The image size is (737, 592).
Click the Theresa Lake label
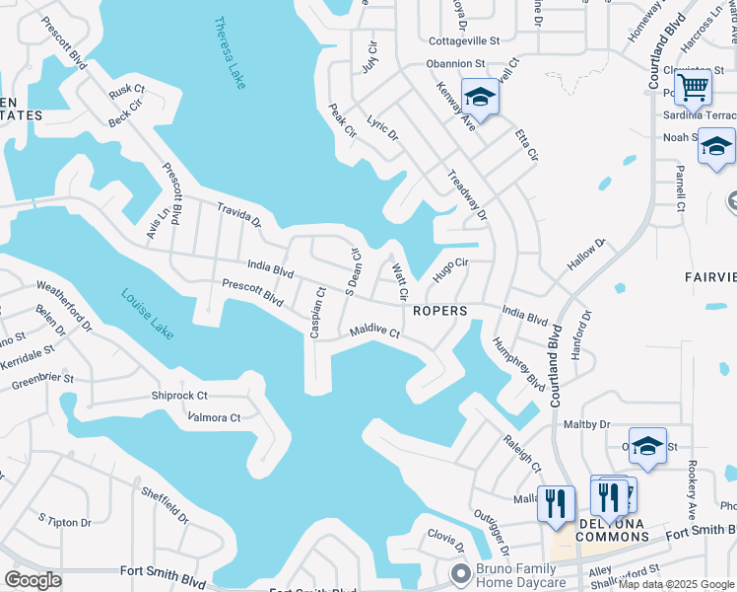pos(229,53)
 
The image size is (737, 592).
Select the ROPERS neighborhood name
pos(439,310)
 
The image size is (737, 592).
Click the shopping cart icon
pos(694,88)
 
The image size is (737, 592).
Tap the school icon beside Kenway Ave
pos(480,97)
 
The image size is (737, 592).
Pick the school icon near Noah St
pos(716,147)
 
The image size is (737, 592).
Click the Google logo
pos(32,579)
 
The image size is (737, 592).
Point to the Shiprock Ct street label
pos(181,396)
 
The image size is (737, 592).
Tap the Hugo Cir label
pos(449,267)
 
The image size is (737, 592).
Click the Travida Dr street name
pos(239,216)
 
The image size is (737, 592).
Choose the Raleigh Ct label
pos(522,450)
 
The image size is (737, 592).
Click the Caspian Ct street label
pos(316,313)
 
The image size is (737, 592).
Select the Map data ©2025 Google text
pos(677,584)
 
